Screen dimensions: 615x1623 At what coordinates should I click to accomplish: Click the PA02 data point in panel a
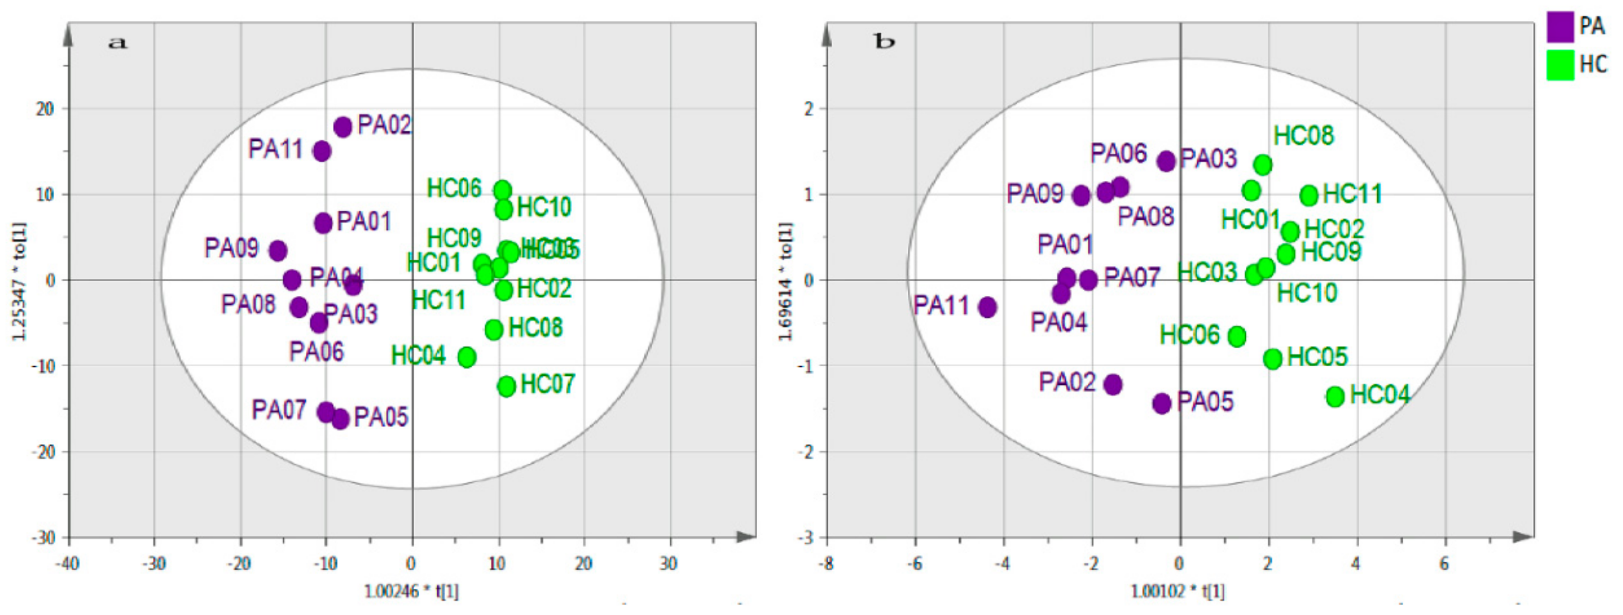pyautogui.click(x=343, y=127)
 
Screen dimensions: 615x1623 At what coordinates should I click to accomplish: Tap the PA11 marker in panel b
pyautogui.click(x=987, y=307)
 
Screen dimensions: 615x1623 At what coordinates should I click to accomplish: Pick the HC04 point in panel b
pyautogui.click(x=1335, y=396)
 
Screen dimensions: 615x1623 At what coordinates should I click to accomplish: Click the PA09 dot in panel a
pyautogui.click(x=278, y=251)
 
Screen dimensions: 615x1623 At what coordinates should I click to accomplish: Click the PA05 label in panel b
pyautogui.click(x=1205, y=402)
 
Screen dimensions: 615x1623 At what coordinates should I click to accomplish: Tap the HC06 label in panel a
pyautogui.click(x=454, y=188)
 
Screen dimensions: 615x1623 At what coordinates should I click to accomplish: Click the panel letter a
pyautogui.click(x=118, y=43)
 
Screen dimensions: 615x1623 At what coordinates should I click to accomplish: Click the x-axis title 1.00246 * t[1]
pyautogui.click(x=412, y=591)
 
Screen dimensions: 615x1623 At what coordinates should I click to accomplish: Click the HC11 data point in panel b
pyautogui.click(x=1309, y=195)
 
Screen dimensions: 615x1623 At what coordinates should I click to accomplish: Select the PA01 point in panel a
pyautogui.click(x=323, y=222)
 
